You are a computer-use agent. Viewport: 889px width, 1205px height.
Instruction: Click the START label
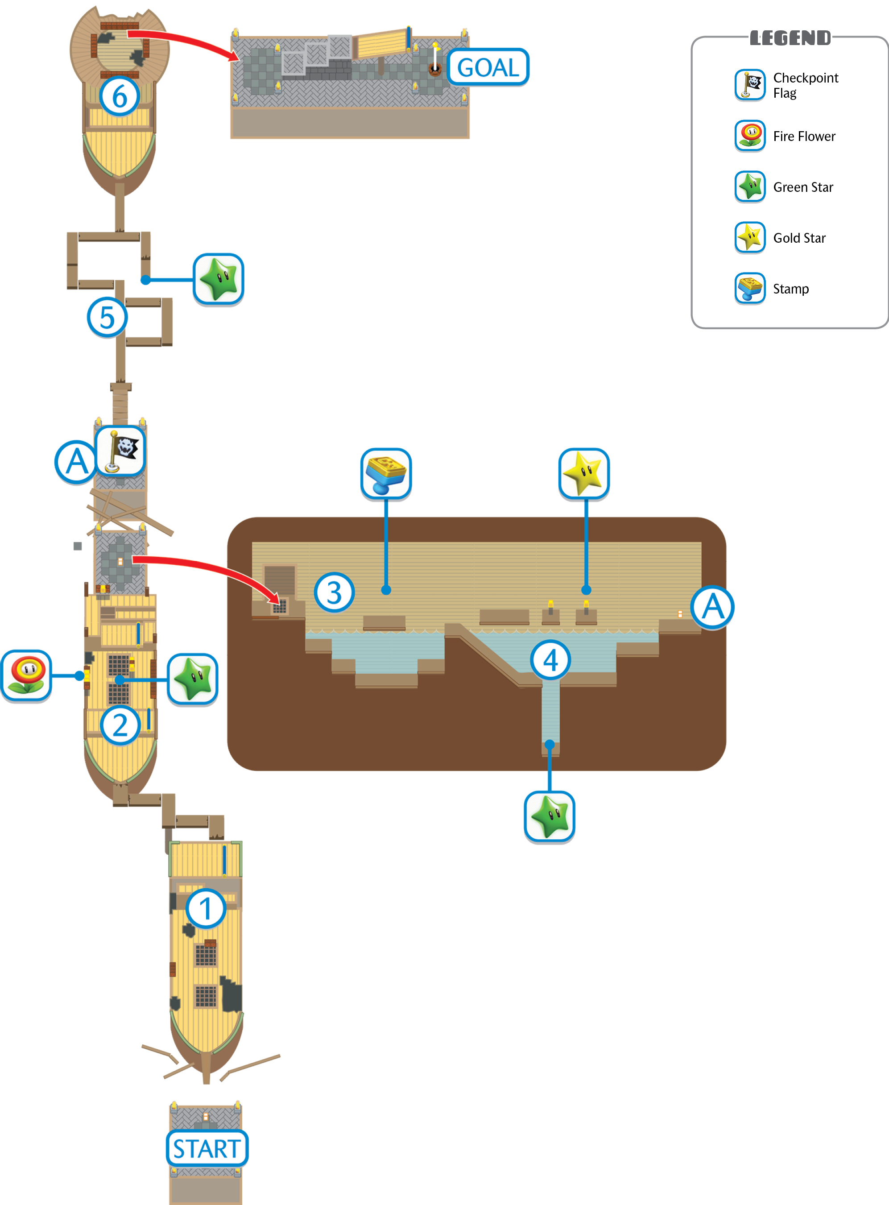[207, 1148]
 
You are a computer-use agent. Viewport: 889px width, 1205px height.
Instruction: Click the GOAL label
[488, 67]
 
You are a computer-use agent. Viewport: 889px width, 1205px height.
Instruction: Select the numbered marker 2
[120, 725]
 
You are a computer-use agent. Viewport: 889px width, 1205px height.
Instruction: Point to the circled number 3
[334, 592]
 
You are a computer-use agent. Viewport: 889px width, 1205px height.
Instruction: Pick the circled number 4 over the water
[550, 660]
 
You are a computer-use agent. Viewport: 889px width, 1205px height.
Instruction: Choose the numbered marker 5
[107, 317]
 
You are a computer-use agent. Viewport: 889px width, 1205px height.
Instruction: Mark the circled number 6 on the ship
[120, 96]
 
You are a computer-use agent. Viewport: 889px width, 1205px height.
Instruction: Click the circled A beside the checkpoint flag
[76, 462]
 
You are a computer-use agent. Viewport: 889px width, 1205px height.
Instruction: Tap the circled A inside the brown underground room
[712, 608]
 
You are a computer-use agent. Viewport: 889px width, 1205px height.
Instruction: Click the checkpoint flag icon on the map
[120, 451]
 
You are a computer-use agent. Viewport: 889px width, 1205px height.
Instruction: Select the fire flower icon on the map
[26, 676]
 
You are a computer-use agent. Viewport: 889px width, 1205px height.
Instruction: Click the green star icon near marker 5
[219, 279]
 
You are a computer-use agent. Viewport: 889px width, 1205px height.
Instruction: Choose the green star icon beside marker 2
[193, 679]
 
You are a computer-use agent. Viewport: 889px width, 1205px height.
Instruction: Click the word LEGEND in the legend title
[790, 37]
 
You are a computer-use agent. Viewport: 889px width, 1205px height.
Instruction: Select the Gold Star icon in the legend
[750, 237]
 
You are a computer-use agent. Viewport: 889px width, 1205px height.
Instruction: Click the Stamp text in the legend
[790, 289]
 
